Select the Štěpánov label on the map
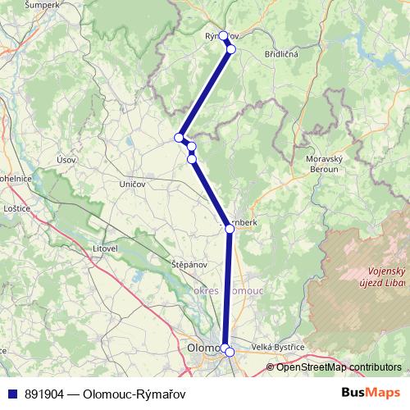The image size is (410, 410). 166,266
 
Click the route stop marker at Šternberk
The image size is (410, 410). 230,229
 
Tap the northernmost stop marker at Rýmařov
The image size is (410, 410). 223,36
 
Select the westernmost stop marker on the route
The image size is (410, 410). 179,137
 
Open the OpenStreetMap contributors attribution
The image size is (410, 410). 339,367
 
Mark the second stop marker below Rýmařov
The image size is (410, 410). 231,49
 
